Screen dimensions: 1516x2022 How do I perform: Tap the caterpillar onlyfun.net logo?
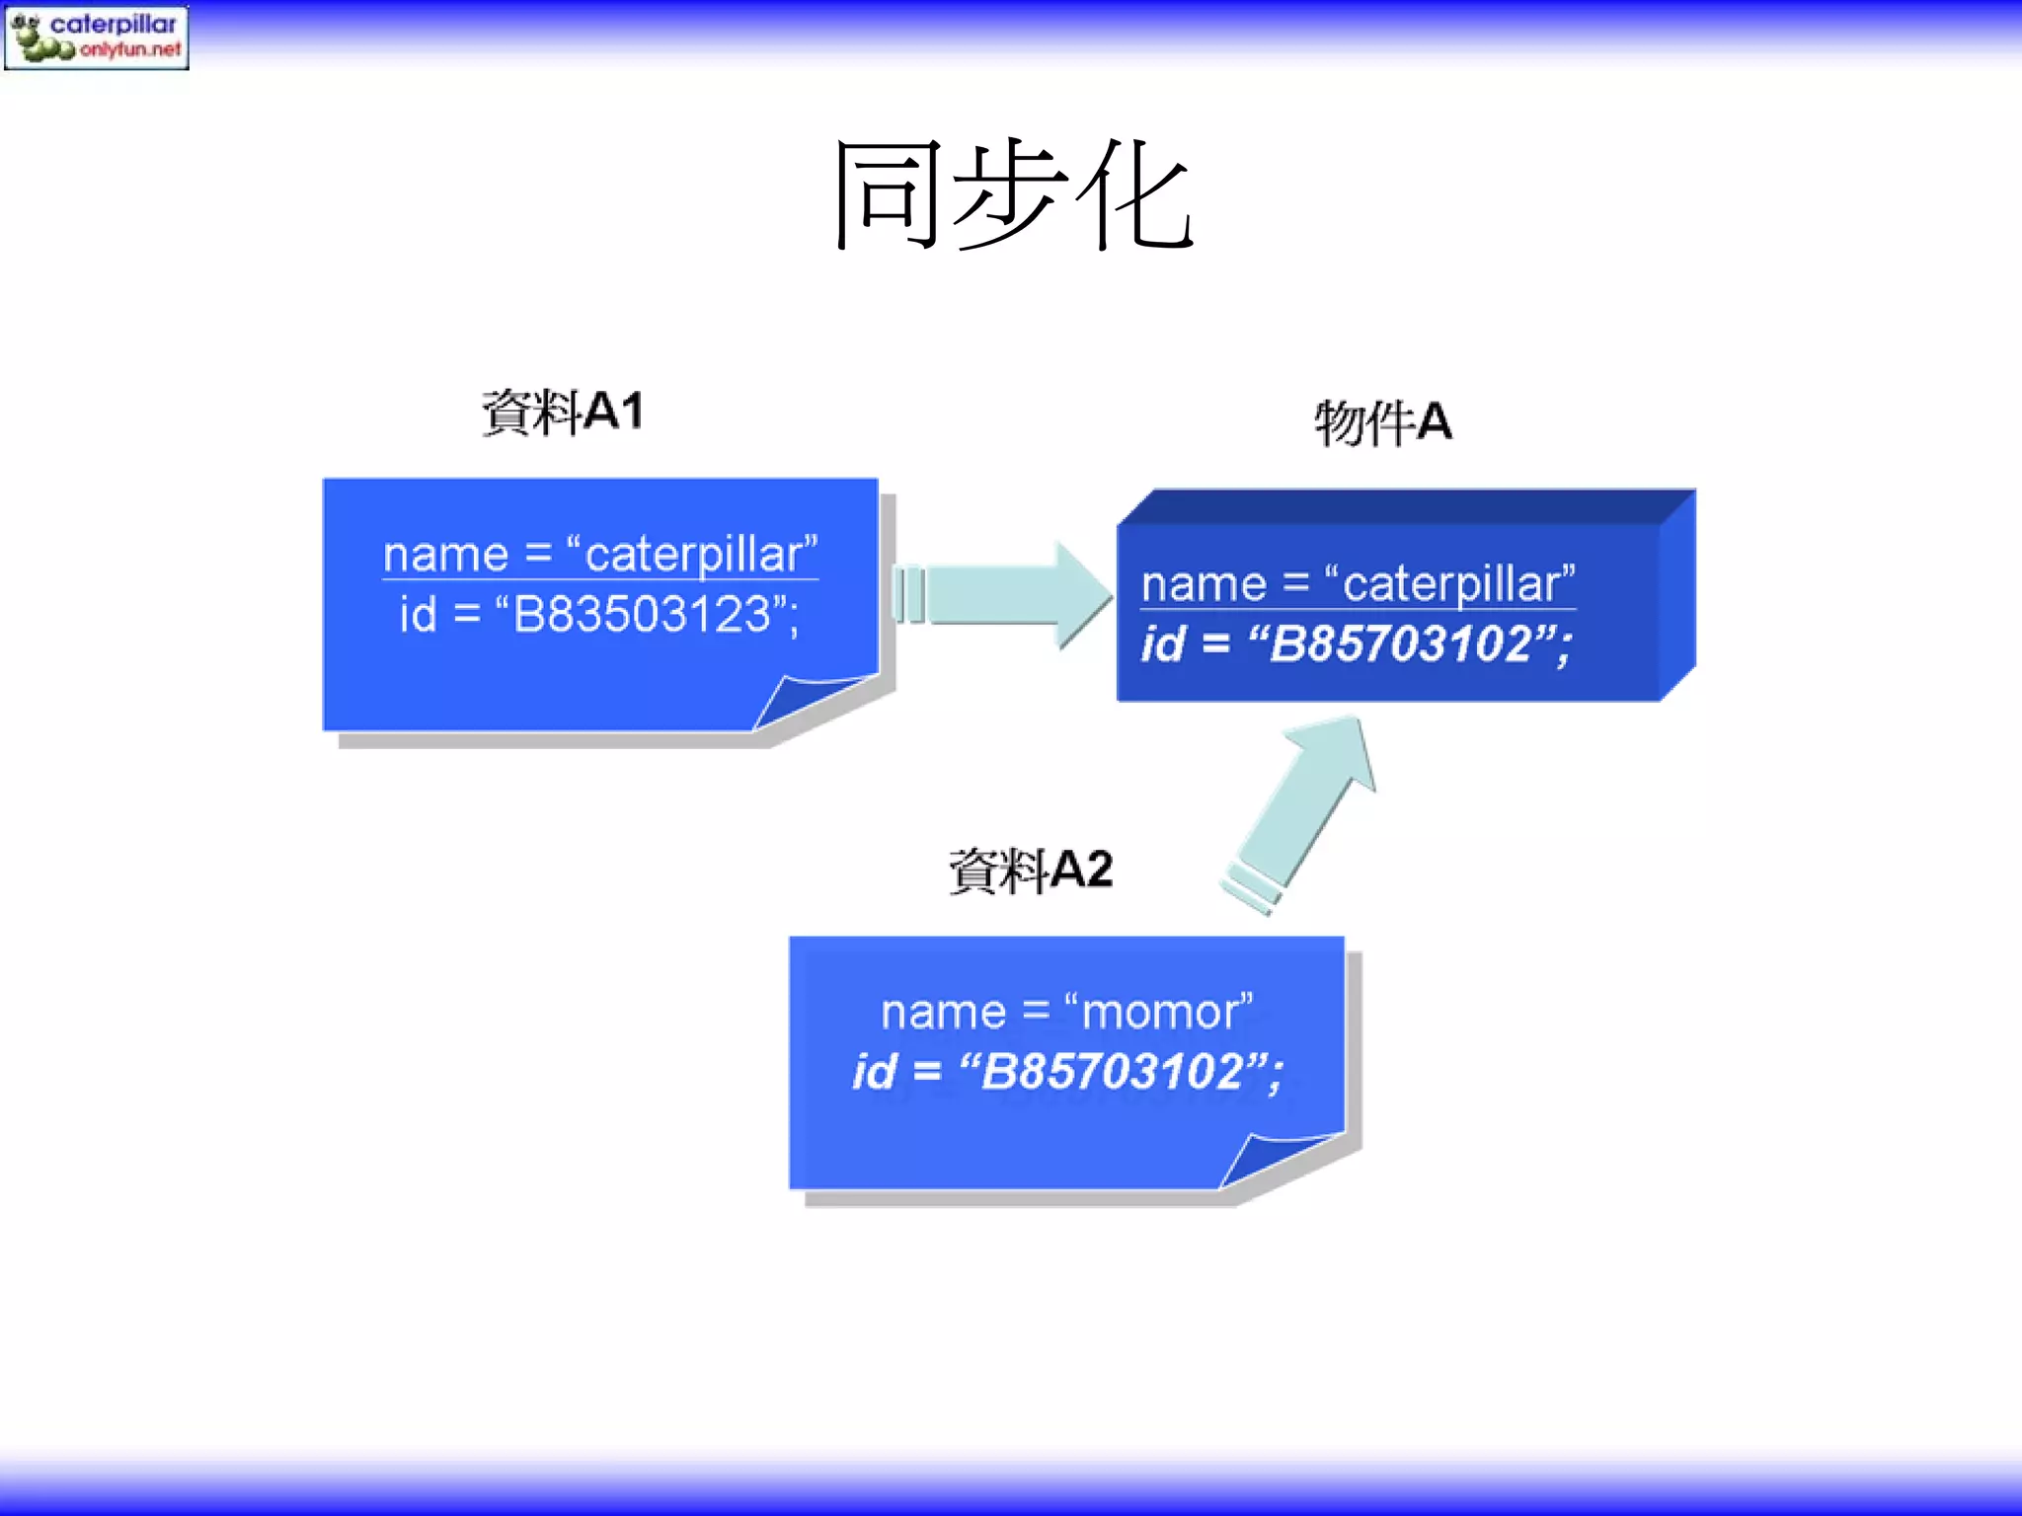(96, 38)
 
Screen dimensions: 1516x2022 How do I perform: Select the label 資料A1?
(562, 412)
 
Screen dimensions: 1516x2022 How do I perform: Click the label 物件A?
(1382, 422)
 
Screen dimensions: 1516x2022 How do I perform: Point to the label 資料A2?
(1031, 871)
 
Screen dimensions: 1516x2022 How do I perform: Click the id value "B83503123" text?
(643, 615)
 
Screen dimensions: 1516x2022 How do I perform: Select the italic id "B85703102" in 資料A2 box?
(1112, 1072)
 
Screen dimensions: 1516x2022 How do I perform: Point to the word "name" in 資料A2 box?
(943, 1014)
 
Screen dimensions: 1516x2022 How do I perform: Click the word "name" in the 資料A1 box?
(445, 556)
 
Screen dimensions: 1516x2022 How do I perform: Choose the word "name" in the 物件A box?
(1204, 585)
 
